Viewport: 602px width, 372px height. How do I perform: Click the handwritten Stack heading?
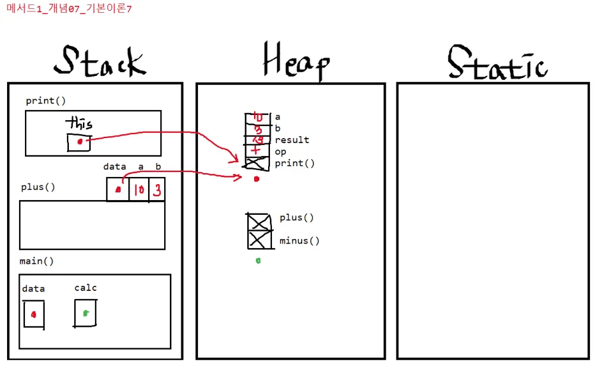pyautogui.click(x=100, y=62)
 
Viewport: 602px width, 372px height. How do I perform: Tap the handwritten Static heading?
pyautogui.click(x=497, y=63)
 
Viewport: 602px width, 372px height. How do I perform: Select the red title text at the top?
pyautogui.click(x=69, y=9)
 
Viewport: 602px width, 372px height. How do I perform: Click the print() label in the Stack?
pyautogui.click(x=45, y=101)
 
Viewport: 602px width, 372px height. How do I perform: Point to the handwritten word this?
pyautogui.click(x=80, y=123)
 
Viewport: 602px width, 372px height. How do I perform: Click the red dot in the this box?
pyautogui.click(x=80, y=142)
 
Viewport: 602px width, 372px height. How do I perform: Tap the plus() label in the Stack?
pyautogui.click(x=38, y=187)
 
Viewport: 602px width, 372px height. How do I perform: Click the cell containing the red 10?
pyautogui.click(x=139, y=190)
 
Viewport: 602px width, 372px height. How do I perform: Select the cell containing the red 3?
pyautogui.click(x=156, y=190)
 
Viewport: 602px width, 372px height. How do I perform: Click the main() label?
pyautogui.click(x=37, y=261)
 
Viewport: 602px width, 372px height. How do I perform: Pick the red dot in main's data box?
pyautogui.click(x=34, y=314)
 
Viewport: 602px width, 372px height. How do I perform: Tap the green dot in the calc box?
pyautogui.click(x=85, y=313)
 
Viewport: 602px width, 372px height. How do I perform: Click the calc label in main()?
pyautogui.click(x=86, y=288)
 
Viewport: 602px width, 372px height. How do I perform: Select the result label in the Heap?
pyautogui.click(x=292, y=140)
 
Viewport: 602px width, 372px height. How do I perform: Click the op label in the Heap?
pyautogui.click(x=280, y=152)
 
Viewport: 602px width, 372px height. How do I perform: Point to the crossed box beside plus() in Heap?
pyautogui.click(x=259, y=222)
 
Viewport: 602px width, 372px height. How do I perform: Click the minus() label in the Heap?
pyautogui.click(x=299, y=241)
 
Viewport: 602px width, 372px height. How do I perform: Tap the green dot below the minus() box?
pyautogui.click(x=258, y=260)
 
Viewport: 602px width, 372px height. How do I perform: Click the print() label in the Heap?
pyautogui.click(x=295, y=164)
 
